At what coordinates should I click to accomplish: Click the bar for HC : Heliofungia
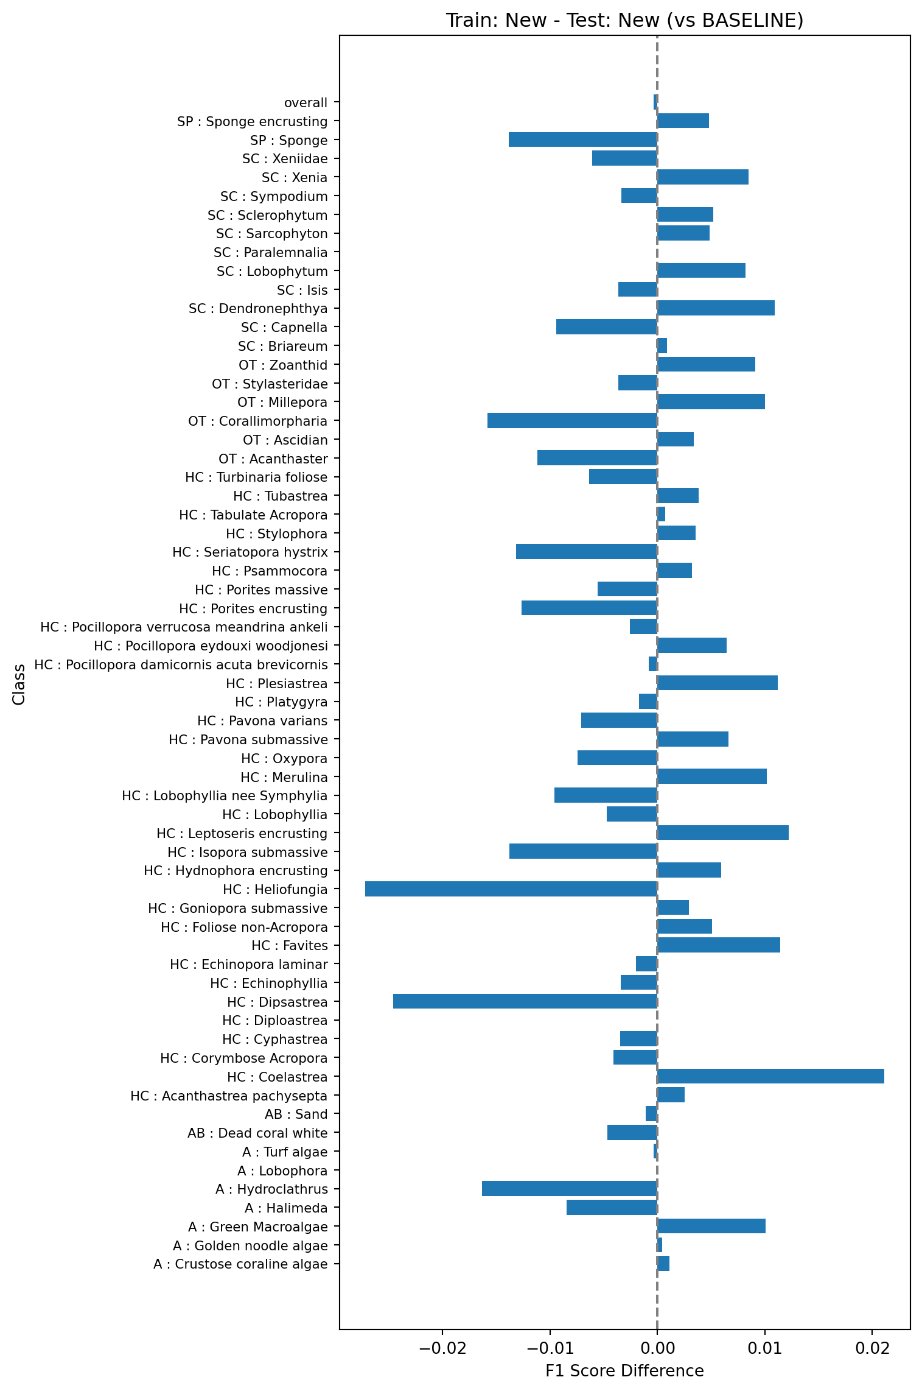tap(511, 889)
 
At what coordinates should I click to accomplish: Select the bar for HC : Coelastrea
tap(770, 1077)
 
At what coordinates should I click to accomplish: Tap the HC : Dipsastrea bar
tap(525, 1002)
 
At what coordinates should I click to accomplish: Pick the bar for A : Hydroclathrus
tap(570, 1189)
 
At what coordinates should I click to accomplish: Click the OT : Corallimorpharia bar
tap(572, 421)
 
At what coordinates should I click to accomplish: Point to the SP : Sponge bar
tap(583, 140)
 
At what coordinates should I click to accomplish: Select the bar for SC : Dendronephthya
tap(716, 308)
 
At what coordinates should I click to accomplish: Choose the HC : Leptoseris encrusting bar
tap(723, 833)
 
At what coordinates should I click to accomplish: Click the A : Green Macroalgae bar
tap(711, 1227)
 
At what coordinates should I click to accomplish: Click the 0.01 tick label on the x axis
tap(765, 1348)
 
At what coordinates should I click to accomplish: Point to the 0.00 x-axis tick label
tap(657, 1348)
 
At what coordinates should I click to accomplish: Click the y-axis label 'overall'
tap(306, 103)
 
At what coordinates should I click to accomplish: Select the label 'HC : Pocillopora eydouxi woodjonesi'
tap(211, 646)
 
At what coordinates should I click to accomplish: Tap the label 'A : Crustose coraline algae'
tap(240, 1264)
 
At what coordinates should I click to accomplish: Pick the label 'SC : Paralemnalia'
tap(270, 253)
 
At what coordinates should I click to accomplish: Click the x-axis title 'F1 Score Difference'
tap(624, 1371)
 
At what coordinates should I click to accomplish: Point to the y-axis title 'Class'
tap(19, 685)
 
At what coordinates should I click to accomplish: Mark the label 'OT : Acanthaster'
tap(273, 459)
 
